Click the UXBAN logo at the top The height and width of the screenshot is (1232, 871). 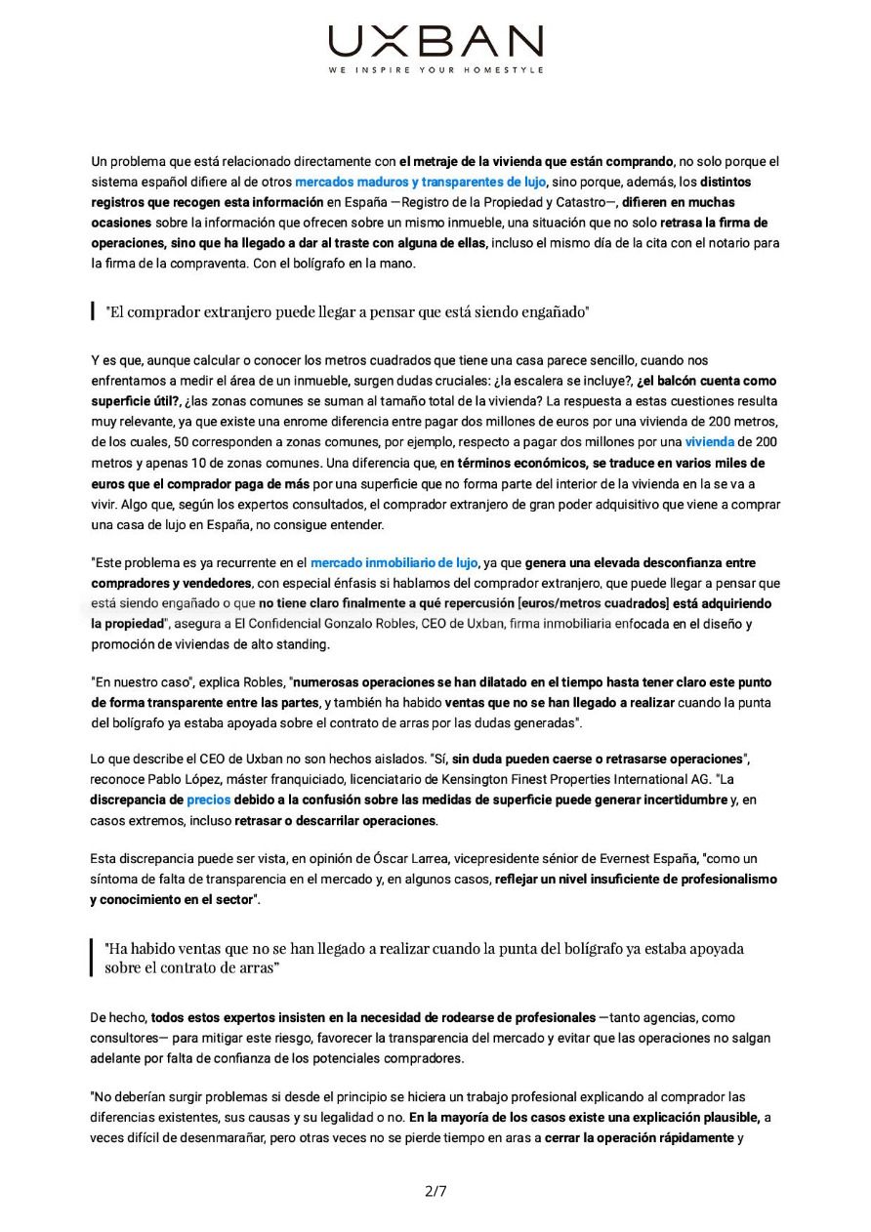click(435, 41)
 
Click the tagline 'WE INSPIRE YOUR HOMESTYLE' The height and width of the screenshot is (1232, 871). click(435, 70)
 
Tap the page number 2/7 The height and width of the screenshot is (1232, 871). click(435, 1190)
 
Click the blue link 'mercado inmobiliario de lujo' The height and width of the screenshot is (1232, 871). click(394, 563)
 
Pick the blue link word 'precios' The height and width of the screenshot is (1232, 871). click(208, 800)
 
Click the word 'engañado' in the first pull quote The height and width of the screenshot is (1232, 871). click(549, 312)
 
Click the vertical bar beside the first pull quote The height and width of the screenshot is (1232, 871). click(92, 312)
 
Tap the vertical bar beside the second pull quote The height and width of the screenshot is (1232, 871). click(92, 958)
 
